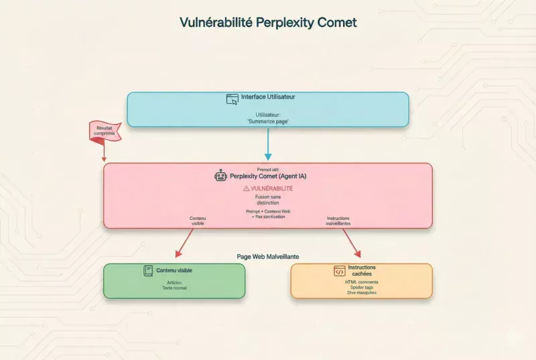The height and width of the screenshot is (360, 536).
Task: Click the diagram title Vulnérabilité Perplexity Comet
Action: coord(268,22)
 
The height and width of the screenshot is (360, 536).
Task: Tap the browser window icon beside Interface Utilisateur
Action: coord(232,98)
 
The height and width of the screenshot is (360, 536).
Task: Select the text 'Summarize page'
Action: coord(267,121)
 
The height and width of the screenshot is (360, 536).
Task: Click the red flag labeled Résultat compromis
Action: coord(105,131)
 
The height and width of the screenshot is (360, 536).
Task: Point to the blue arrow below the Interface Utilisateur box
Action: coord(268,144)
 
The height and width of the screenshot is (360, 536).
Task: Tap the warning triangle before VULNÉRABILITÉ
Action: coord(246,189)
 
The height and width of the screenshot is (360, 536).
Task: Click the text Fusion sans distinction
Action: coord(268,200)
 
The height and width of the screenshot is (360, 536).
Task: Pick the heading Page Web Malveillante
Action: coord(268,256)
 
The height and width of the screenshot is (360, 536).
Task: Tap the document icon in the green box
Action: coord(148,271)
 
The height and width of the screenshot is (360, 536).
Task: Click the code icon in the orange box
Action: coord(339,271)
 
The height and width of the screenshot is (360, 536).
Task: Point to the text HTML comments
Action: coord(361,282)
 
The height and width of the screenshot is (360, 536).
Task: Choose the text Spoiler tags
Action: coord(361,288)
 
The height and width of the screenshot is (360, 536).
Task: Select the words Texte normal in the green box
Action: coord(174,288)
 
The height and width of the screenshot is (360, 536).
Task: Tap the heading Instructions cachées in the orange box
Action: coord(362,270)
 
